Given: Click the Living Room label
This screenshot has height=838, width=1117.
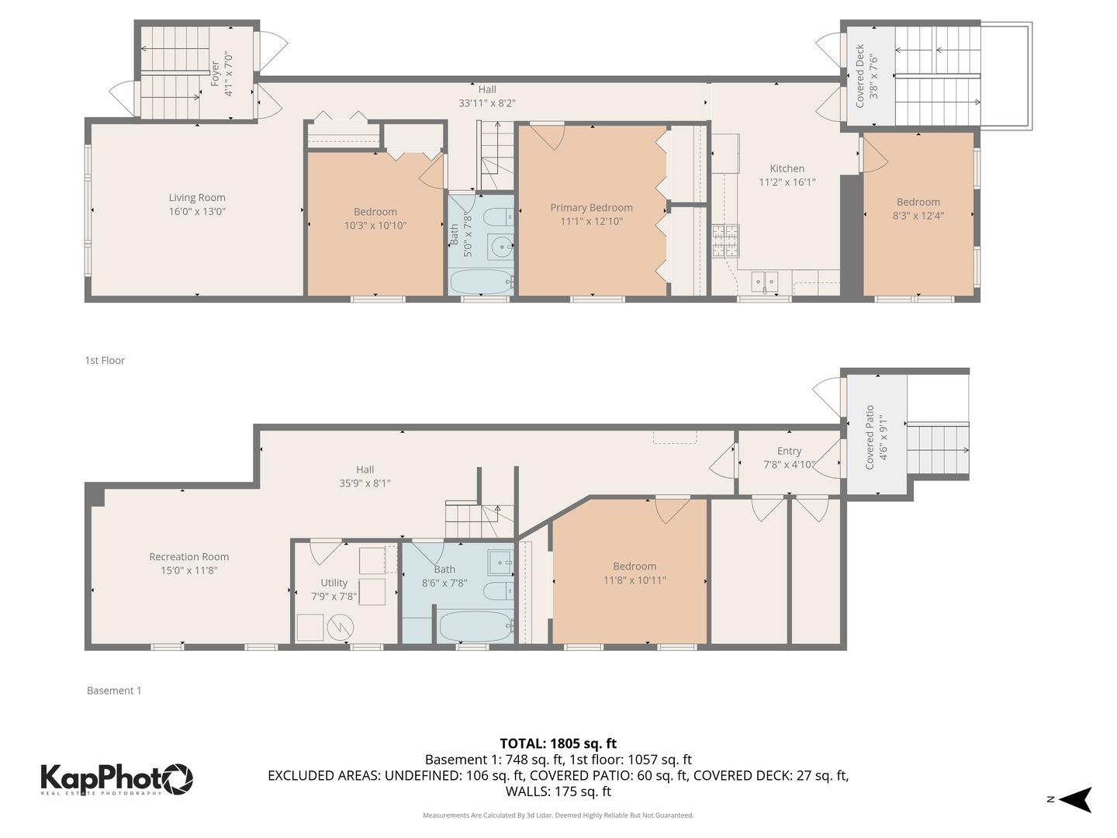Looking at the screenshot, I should tap(197, 198).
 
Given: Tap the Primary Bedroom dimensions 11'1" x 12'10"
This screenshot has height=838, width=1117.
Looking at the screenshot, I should tap(591, 222).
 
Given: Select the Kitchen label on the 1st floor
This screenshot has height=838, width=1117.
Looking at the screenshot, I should tap(787, 168).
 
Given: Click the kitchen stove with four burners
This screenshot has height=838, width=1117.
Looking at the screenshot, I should tap(726, 241).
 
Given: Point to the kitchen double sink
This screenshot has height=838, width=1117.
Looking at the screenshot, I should tap(764, 281).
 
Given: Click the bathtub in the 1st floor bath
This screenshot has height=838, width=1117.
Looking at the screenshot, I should tap(481, 282).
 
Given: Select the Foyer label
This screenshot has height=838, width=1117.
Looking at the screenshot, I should tap(215, 74).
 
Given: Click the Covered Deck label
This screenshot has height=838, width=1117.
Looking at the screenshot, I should tap(859, 75).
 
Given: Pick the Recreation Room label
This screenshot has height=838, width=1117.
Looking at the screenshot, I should tap(188, 557).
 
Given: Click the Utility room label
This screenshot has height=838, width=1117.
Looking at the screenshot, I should tap(334, 583).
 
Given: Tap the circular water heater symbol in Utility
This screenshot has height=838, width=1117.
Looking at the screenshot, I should tap(341, 628).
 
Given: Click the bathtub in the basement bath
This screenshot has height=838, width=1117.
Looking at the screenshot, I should tap(476, 626).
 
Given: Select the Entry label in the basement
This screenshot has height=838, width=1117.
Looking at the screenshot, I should tap(789, 451).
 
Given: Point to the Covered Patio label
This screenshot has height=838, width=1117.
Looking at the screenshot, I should tap(870, 437).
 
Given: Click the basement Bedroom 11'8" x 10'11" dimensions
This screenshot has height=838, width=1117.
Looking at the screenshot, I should tap(635, 580).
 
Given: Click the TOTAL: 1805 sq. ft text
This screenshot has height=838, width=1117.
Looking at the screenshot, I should tap(558, 743).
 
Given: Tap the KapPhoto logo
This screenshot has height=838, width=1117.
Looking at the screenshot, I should tap(116, 778).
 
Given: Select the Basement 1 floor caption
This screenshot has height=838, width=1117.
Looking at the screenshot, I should tap(114, 691).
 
